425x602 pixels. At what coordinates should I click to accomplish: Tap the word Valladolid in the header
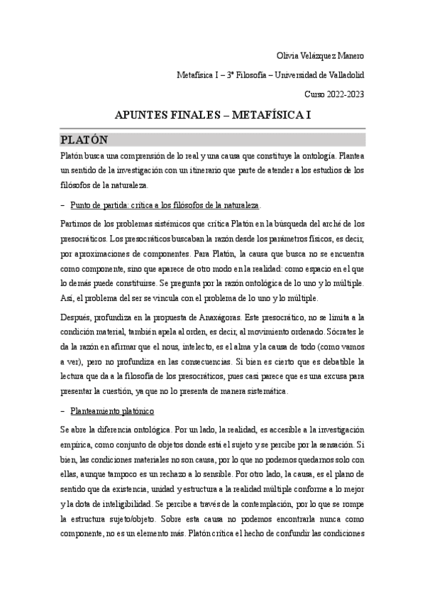(x=345, y=75)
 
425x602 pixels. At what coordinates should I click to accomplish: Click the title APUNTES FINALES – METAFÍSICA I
(x=213, y=115)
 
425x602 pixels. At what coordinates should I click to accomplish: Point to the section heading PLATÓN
(x=84, y=138)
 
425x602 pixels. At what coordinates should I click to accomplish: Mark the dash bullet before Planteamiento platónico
(x=62, y=412)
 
